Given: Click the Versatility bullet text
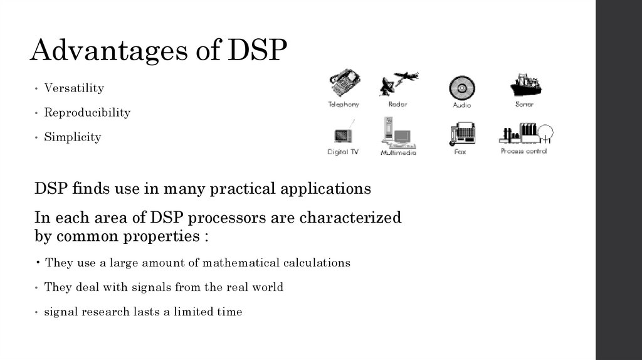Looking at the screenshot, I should [x=74, y=88].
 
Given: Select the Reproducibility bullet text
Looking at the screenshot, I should [x=87, y=113].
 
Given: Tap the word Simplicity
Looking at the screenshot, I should [x=72, y=137].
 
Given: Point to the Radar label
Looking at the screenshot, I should [x=397, y=105].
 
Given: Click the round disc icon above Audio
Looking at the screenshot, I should [x=462, y=87].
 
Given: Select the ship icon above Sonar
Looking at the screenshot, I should [x=525, y=84].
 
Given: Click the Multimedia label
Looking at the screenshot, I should [x=398, y=152].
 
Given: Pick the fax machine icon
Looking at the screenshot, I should [x=462, y=133].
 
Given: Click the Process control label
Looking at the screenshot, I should [x=524, y=151].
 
